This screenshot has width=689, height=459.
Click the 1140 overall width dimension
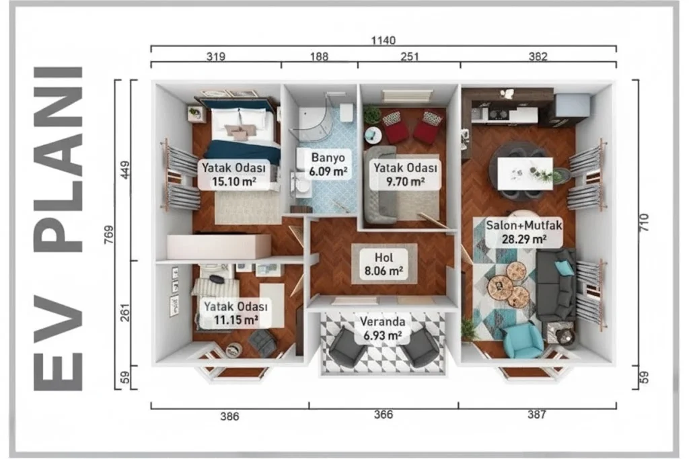tap(383, 40)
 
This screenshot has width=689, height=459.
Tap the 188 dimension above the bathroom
tap(319, 56)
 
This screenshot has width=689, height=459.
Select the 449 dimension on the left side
tap(125, 170)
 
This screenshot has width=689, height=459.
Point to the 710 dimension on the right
tap(644, 222)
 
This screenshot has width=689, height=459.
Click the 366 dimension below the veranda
tap(383, 414)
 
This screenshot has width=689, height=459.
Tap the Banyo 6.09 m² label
tap(328, 164)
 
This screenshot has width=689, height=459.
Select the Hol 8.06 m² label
tap(384, 264)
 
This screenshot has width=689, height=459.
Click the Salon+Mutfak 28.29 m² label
tap(523, 233)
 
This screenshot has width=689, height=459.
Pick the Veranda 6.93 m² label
tap(382, 329)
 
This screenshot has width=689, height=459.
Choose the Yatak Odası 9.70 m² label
tap(405, 174)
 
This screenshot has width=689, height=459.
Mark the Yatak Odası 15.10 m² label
tap(233, 174)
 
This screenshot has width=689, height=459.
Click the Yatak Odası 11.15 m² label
tap(235, 313)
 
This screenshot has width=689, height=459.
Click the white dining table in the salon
tap(525, 173)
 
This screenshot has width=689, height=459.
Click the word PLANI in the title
tap(59, 160)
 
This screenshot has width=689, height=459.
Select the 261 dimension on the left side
tap(125, 313)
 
